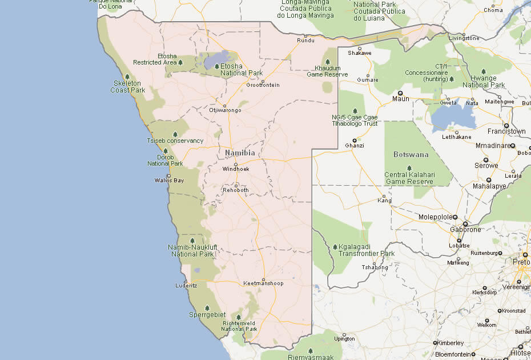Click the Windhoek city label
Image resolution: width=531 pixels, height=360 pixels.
(x=236, y=169)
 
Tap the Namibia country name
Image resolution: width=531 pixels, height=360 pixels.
(x=240, y=153)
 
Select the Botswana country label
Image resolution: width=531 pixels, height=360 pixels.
(x=411, y=154)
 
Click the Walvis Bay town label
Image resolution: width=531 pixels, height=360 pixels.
(x=169, y=181)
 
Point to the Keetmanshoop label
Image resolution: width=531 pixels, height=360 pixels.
(x=263, y=283)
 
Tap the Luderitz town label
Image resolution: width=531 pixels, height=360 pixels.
(x=186, y=285)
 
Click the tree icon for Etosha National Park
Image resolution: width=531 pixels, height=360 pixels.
(x=217, y=66)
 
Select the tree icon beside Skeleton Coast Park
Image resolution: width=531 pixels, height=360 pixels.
(x=127, y=77)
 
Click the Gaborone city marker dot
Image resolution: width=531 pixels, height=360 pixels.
(x=465, y=223)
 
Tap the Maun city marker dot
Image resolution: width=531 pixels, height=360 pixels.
(x=400, y=93)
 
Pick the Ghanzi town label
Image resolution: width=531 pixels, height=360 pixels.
(x=355, y=146)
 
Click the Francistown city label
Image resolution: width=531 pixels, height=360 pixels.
(x=506, y=131)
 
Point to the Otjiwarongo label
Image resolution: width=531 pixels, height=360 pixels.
(x=225, y=110)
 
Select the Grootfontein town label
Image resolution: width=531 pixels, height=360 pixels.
(x=263, y=85)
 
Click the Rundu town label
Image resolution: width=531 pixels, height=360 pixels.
(x=306, y=40)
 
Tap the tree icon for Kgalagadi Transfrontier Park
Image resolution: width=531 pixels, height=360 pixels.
(x=335, y=247)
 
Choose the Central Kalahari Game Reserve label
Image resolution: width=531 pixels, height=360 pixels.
(x=409, y=178)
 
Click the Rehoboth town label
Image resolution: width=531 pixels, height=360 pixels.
(x=236, y=190)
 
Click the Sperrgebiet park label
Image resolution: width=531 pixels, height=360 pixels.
(x=207, y=315)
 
